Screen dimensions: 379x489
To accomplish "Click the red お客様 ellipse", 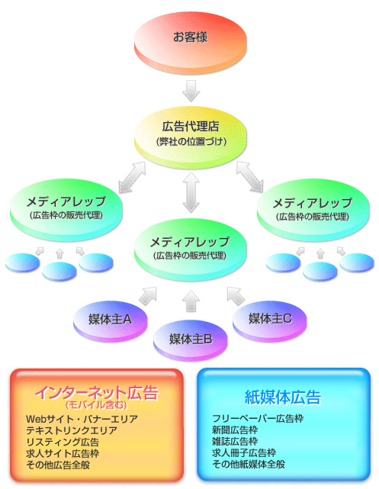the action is coord(191,43).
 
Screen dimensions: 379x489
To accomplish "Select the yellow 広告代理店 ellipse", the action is coord(191,138).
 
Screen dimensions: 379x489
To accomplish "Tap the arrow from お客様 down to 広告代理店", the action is coord(191,91).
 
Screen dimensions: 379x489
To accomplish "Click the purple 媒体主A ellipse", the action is coord(111,321).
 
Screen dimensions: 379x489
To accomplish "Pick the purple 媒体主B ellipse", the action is coord(191,340).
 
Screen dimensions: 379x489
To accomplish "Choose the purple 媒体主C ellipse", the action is coord(270,321).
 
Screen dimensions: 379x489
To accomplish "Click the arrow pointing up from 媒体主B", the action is coord(191,301).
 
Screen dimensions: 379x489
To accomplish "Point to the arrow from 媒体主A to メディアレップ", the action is coord(147,296).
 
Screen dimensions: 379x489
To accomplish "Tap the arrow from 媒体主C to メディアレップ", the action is coord(236,296).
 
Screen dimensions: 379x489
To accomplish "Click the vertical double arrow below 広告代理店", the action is coord(191,192).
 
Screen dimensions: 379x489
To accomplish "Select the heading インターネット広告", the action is coord(97,393).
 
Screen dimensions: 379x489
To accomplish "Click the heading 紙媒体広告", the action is coord(283,397).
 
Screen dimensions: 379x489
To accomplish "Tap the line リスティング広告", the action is coord(63,442).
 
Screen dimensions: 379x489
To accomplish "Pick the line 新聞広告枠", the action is coord(235,430).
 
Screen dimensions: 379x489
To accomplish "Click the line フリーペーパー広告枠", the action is coord(258,419).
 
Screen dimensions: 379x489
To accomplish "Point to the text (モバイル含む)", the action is coord(97,405).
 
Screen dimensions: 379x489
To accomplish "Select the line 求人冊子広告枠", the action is coord(244,453).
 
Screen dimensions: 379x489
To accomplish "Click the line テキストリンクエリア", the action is coord(72,430).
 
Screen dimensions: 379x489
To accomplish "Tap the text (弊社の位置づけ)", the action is coord(191,142).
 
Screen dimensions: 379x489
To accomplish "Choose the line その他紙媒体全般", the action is coord(249,465).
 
